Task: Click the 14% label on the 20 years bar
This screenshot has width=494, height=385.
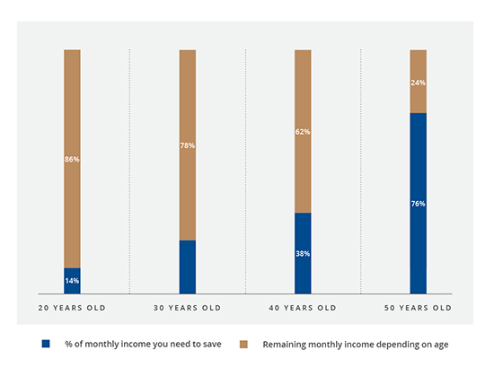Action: click(72, 281)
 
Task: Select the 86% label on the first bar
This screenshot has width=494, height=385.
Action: click(72, 159)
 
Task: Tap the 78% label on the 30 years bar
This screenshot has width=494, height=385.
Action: click(188, 145)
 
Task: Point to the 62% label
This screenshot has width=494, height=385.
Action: click(303, 132)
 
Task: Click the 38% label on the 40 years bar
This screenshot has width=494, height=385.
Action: click(303, 253)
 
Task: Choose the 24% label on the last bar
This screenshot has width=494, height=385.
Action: click(418, 83)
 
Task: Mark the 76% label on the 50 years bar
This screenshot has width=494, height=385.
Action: click(418, 204)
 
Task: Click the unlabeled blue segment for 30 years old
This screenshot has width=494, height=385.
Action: click(188, 267)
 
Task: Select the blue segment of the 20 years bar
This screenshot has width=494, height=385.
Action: click(72, 281)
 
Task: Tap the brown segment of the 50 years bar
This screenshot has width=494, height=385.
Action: click(418, 82)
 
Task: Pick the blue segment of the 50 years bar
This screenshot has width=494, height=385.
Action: click(418, 204)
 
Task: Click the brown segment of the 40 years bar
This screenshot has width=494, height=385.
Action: click(303, 131)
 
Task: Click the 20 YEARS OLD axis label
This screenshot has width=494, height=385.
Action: click(72, 308)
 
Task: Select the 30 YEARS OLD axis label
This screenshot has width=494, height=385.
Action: click(188, 308)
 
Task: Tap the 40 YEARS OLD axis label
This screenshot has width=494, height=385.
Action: click(303, 308)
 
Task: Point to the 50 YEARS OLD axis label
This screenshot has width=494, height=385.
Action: click(418, 308)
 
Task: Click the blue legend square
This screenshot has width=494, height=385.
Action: click(46, 344)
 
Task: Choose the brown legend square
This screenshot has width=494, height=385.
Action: click(243, 344)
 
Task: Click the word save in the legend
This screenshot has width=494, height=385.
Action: click(212, 344)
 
